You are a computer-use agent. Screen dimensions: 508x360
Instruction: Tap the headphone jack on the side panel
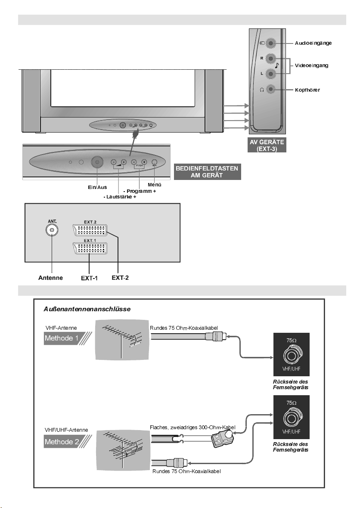click(270, 89)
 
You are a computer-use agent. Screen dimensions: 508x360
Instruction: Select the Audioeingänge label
click(313, 43)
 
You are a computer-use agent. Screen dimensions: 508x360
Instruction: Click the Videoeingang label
click(312, 65)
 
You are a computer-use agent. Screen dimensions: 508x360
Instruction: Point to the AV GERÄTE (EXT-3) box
click(267, 146)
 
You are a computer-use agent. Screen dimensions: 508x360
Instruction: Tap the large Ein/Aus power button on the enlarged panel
click(97, 163)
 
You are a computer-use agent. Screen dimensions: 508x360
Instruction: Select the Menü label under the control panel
click(154, 185)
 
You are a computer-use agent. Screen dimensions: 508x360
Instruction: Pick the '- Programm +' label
click(139, 191)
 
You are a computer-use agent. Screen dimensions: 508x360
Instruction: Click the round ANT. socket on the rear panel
click(52, 230)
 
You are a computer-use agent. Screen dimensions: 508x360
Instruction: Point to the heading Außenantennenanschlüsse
click(87, 309)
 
